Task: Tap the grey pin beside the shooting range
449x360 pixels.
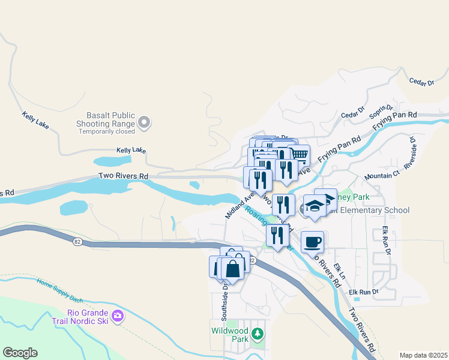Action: pyautogui.click(x=144, y=124)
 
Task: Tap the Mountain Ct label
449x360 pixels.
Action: pyautogui.click(x=382, y=176)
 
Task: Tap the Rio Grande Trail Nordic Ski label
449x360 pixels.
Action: pyautogui.click(x=88, y=316)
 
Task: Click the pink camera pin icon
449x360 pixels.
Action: pyautogui.click(x=118, y=315)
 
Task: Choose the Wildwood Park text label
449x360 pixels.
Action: pyautogui.click(x=230, y=335)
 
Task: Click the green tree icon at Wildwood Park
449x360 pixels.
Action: pyautogui.click(x=258, y=333)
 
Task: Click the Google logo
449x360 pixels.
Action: pyautogui.click(x=20, y=353)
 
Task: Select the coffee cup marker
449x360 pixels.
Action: pyautogui.click(x=312, y=242)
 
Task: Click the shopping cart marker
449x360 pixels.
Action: pyautogui.click(x=298, y=155)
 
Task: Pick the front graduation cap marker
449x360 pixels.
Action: pyautogui.click(x=315, y=206)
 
